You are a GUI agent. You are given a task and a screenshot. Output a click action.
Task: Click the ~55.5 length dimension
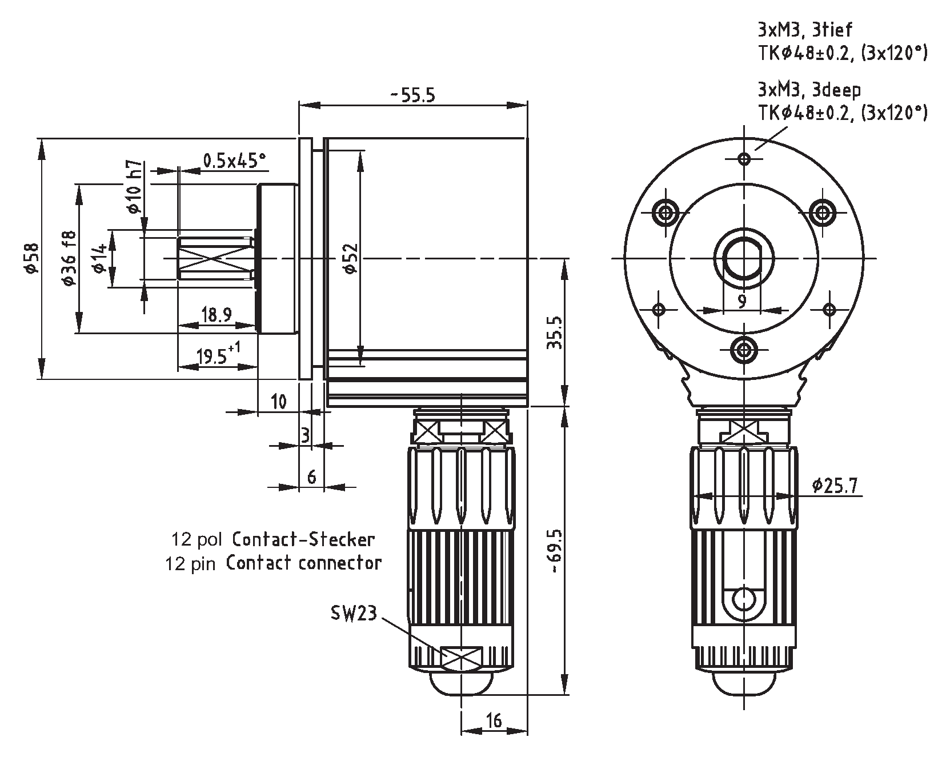(412, 95)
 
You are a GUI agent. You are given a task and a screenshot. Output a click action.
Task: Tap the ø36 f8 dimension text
(68, 258)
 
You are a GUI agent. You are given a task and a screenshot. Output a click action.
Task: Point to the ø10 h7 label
(133, 187)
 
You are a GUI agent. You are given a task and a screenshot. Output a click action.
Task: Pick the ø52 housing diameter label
(350, 258)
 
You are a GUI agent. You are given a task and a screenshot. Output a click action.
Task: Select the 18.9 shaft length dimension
(217, 315)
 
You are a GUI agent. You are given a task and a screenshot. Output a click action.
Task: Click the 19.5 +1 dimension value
(217, 357)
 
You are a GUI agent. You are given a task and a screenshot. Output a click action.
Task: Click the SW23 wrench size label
(354, 614)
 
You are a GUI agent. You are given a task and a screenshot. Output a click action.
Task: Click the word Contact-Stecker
(303, 539)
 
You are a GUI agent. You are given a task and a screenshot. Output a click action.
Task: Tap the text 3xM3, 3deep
(809, 90)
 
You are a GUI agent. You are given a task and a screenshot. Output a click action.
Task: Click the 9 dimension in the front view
(741, 301)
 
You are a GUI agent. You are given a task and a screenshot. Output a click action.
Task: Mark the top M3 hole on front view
(744, 158)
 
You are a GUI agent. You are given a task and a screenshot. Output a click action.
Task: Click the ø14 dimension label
(99, 258)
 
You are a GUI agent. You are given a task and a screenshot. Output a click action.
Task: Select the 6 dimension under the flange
(311, 476)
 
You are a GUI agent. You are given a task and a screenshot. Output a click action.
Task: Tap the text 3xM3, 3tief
(805, 30)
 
